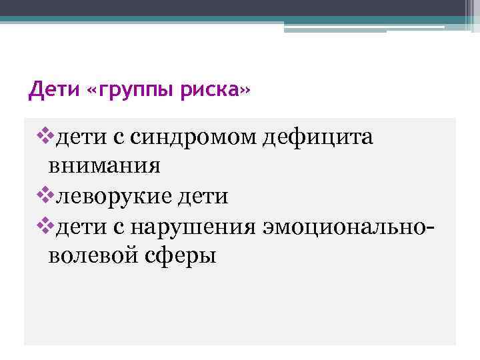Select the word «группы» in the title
(x=138, y=91)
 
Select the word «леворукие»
(x=114, y=197)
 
